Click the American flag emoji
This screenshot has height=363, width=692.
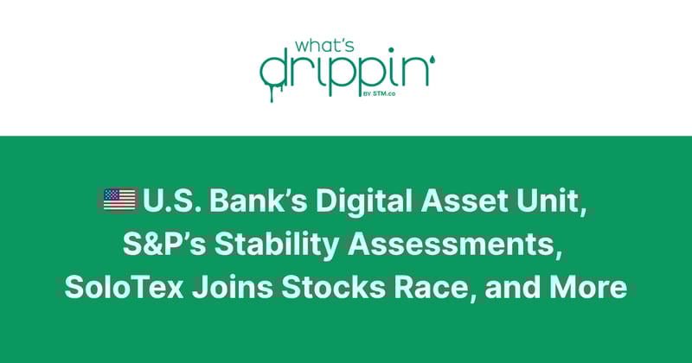click(x=120, y=201)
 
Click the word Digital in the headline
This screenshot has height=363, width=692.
click(x=360, y=201)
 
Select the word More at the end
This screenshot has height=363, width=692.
click(x=593, y=287)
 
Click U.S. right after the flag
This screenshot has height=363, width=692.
click(x=171, y=201)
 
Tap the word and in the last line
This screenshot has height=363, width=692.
click(x=516, y=287)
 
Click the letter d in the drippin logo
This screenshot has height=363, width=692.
click(x=274, y=69)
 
